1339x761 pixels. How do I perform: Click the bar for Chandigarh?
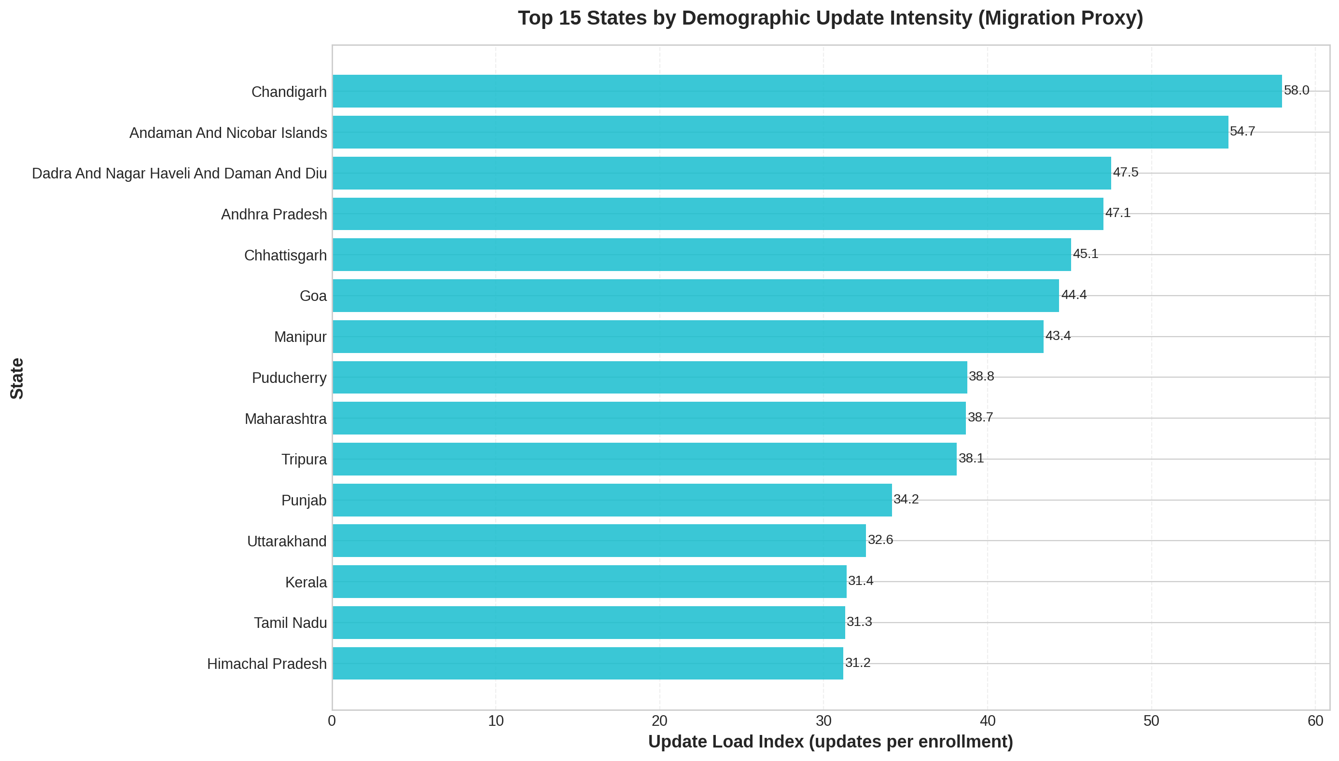(807, 91)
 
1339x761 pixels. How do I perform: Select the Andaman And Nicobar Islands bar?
(781, 132)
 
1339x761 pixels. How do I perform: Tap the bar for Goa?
(696, 296)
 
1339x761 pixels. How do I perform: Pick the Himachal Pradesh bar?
(588, 663)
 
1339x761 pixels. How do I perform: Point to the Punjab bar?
(612, 500)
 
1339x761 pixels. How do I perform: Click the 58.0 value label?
(1296, 90)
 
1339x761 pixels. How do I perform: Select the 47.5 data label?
(1125, 173)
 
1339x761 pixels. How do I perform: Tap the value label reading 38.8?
(981, 376)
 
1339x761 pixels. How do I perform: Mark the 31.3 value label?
(859, 622)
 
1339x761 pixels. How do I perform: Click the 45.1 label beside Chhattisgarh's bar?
(1085, 254)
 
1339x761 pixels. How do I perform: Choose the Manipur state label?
(300, 337)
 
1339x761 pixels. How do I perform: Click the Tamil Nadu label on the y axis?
(290, 623)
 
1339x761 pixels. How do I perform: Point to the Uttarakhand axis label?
(287, 542)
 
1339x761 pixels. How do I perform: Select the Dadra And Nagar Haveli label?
(180, 174)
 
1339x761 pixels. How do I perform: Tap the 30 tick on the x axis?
(823, 721)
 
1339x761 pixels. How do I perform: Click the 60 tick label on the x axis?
(1315, 721)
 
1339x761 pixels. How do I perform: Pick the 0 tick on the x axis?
(332, 721)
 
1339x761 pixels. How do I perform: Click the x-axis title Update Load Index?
(830, 742)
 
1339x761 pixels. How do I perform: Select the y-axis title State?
(17, 379)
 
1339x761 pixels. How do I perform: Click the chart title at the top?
(830, 18)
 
